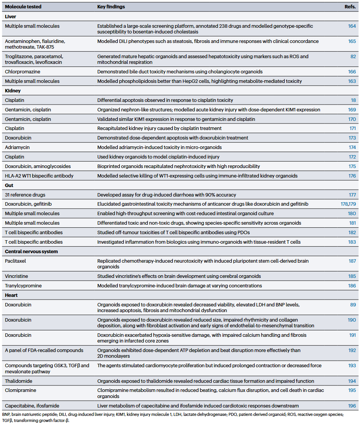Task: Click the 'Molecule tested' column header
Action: pyautogui.click(x=23, y=7)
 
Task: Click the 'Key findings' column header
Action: pyautogui.click(x=111, y=7)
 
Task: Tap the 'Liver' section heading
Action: pyautogui.click(x=10, y=17)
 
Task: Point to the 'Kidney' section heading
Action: pyautogui.click(x=13, y=91)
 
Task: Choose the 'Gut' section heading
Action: pyautogui.click(x=10, y=186)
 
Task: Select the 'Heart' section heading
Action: pyautogui.click(x=11, y=295)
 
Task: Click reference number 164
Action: pyautogui.click(x=352, y=26)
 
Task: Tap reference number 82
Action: pyautogui.click(x=353, y=56)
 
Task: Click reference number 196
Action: pyautogui.click(x=352, y=406)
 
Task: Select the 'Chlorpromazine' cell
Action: pyautogui.click(x=22, y=71)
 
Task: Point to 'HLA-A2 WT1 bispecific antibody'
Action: pyautogui.click(x=39, y=176)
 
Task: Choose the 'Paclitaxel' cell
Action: pyautogui.click(x=15, y=261)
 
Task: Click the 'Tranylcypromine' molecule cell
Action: pyautogui.click(x=23, y=285)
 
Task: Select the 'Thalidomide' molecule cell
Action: pyautogui.click(x=18, y=381)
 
